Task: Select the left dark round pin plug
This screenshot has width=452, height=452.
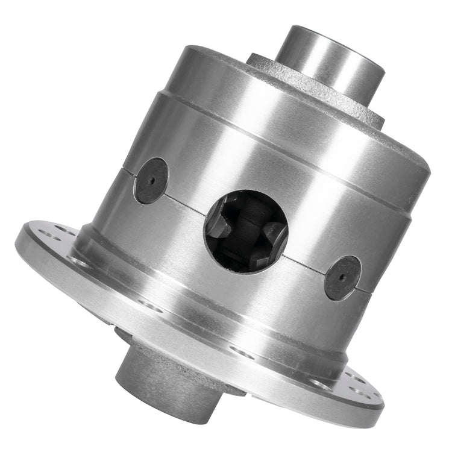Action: [151, 180]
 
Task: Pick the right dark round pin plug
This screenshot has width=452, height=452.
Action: [342, 277]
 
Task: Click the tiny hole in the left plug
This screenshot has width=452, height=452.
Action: [151, 180]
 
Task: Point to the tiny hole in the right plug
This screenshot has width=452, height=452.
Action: [342, 278]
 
